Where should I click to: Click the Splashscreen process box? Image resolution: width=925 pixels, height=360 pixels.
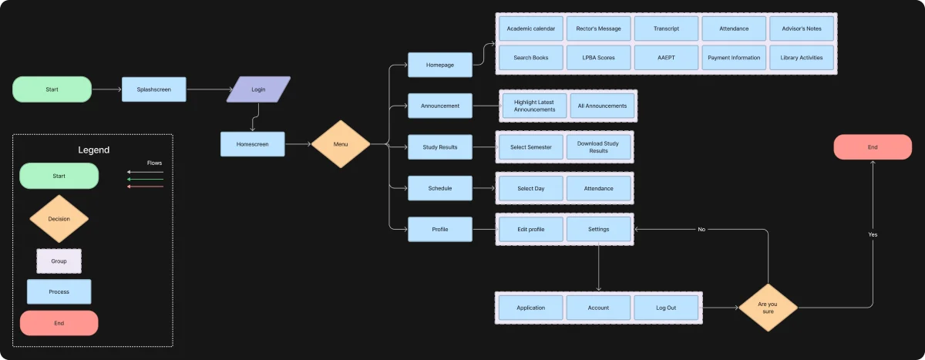[x=153, y=89]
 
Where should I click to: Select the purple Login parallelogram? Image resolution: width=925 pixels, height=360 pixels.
[x=258, y=89]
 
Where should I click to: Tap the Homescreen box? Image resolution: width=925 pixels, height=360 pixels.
[x=252, y=144]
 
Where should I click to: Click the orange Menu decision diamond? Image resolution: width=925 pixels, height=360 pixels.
[x=341, y=144]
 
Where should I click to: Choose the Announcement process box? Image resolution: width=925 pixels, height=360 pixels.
[x=440, y=106]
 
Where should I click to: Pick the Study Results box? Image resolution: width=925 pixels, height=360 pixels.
[x=440, y=147]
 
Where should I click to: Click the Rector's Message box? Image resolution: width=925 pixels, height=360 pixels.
[x=598, y=29]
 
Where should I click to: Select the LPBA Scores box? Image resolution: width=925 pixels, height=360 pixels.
[x=598, y=57]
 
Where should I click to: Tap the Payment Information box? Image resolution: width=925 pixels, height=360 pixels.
[x=734, y=57]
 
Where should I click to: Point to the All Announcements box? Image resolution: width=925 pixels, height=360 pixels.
[x=602, y=106]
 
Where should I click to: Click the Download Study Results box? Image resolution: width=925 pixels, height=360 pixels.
[x=598, y=147]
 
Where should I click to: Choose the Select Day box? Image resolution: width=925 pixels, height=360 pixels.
[x=530, y=188]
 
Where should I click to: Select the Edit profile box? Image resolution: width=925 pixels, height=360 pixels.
[x=530, y=229]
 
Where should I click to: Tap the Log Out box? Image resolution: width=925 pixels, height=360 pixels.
[x=666, y=308]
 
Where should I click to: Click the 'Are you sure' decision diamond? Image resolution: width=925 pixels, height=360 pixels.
[x=768, y=308]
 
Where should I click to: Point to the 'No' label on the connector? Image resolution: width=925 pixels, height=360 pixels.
[x=701, y=229]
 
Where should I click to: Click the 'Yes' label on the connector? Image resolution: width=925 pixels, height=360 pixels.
[x=873, y=234]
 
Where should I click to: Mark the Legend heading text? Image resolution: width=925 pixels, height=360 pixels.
[x=94, y=150]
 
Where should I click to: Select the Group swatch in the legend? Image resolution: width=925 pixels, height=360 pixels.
[x=59, y=261]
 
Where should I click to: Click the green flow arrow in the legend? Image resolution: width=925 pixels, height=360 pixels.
[x=146, y=179]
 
